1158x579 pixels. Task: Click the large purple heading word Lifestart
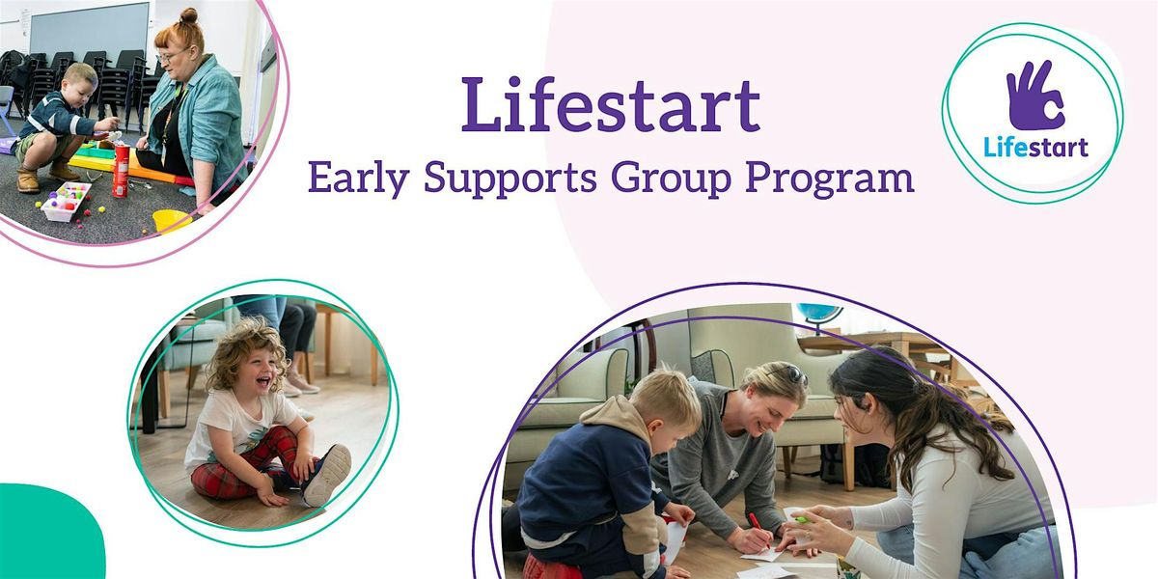click(611, 105)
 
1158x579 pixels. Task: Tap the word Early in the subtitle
click(359, 179)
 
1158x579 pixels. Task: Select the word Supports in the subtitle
click(510, 179)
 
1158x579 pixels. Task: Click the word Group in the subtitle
click(671, 179)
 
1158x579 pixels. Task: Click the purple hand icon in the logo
click(1035, 96)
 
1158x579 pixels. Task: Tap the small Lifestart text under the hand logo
click(1035, 147)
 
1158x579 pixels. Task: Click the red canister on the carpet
click(122, 171)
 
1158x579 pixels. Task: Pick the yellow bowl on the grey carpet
click(172, 221)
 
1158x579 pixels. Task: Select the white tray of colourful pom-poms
click(66, 201)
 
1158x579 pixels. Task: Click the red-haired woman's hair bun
click(189, 15)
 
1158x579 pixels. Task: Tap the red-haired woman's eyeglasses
click(171, 55)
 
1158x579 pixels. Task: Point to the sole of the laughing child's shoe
click(328, 475)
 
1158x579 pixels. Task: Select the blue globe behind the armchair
click(819, 312)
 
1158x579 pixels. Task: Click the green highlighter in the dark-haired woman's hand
click(802, 519)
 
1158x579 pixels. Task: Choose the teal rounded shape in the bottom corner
click(49, 533)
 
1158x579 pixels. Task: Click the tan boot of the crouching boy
click(28, 179)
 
